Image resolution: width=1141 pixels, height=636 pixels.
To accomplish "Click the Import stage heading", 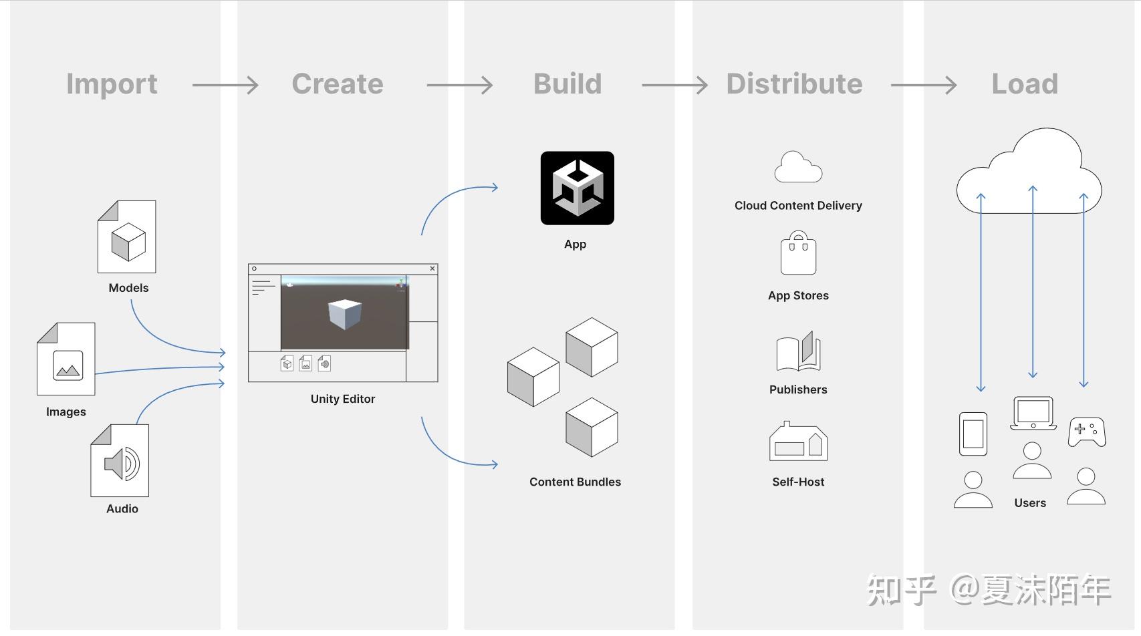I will pos(112,84).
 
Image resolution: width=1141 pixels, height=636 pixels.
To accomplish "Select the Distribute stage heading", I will pos(794,84).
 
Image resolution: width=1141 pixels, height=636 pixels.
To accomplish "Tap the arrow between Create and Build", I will pos(459,86).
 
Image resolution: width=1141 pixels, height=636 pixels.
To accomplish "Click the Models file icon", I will pos(127,237).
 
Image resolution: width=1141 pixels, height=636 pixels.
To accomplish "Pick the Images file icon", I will pos(66,359).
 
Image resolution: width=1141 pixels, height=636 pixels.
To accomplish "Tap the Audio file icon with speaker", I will pos(120,461).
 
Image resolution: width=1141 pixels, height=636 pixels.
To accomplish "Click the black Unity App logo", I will pos(577,188).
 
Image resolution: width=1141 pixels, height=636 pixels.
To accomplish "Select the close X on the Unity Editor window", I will pos(432,269).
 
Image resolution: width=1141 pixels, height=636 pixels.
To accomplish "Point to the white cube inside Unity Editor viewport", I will pos(345,314).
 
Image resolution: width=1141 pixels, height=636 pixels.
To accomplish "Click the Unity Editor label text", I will pos(342,399).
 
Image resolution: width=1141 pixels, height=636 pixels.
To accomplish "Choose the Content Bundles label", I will pos(575,482).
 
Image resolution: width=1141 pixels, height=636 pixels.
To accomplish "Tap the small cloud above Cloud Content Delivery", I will pos(797,168).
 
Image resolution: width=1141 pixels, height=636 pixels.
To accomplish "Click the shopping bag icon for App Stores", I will pos(798,254).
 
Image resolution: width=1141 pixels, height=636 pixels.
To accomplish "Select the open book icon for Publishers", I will pos(798,351).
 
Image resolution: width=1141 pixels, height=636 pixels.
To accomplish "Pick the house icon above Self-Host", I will pos(798,442).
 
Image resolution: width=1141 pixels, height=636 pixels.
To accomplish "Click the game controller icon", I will pos(1087,432).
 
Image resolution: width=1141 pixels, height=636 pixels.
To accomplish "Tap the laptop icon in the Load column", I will pos(1033,414).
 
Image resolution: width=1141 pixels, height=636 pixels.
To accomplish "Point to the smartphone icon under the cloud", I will pos(973,434).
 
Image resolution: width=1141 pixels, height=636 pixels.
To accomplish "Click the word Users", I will pos(1029,503).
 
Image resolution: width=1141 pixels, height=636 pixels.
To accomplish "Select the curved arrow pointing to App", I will pos(455,200).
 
